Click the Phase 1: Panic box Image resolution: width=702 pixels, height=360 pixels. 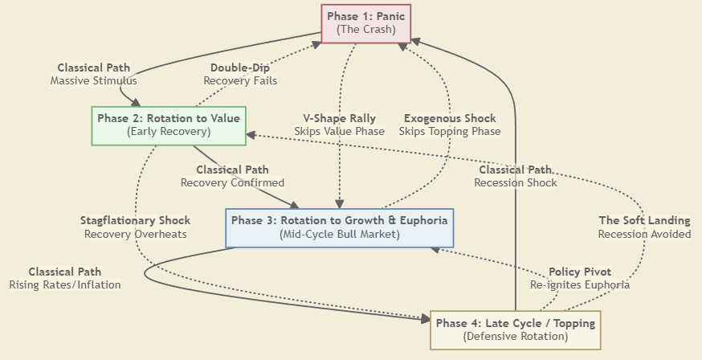366,23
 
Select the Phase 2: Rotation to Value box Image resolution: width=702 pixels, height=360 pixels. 169,125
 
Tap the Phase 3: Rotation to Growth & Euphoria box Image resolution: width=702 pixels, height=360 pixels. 340,227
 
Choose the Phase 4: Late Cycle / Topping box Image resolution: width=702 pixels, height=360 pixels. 515,329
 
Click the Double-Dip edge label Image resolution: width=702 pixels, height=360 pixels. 240,67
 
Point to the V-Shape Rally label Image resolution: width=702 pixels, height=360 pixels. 339,118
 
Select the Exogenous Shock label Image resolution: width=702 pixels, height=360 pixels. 450,118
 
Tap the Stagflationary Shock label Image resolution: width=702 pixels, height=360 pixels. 135,220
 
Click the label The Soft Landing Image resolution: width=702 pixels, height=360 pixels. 644,220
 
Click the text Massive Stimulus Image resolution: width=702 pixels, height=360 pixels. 93,80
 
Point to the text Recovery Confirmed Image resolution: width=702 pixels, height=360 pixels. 232,182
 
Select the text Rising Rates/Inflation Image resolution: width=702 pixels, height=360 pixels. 65,284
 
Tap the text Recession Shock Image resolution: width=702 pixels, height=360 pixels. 516,182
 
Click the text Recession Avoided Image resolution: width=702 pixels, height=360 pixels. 644,234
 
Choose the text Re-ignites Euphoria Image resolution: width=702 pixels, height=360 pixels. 580,284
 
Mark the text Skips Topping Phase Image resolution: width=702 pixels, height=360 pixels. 450,131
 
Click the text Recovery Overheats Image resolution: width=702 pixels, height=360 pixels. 135,234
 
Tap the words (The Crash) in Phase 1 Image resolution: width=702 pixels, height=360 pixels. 366,30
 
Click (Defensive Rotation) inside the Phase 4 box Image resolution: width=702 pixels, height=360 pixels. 515,337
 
